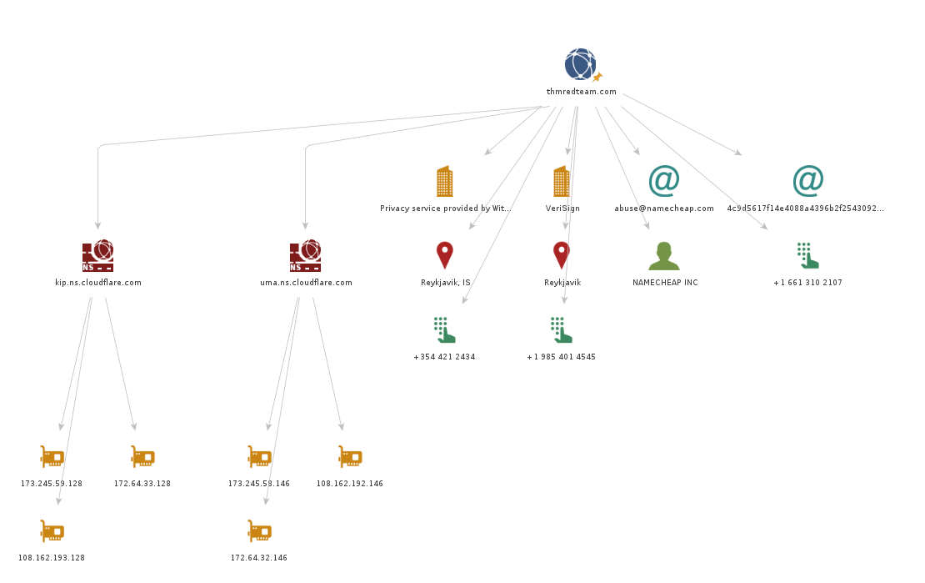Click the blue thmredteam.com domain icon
click(580, 64)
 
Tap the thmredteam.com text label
click(582, 92)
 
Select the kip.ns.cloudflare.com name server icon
click(97, 256)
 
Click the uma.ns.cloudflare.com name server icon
click(305, 256)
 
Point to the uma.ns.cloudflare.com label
click(306, 283)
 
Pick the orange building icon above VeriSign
click(562, 181)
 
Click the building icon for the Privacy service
click(445, 181)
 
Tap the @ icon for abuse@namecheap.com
click(663, 180)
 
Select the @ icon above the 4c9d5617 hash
click(807, 180)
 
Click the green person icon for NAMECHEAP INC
click(664, 256)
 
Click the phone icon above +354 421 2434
click(444, 329)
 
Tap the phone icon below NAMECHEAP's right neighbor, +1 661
click(807, 255)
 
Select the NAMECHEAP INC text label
click(665, 283)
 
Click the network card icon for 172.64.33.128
click(142, 457)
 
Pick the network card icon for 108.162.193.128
click(52, 531)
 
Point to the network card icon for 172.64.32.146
click(259, 531)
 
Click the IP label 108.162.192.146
click(350, 484)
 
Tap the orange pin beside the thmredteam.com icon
click(597, 78)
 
